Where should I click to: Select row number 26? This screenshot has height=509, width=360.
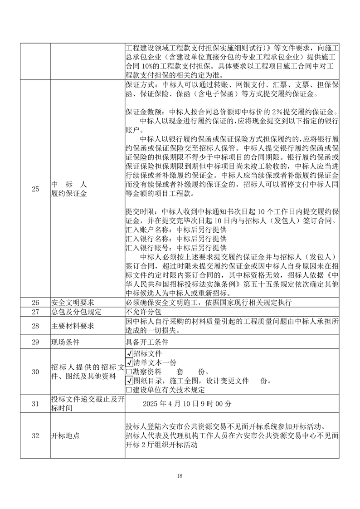(35, 303)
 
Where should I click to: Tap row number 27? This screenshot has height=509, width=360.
(35, 312)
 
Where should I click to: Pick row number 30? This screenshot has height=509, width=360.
(35, 372)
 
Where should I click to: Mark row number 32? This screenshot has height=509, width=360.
(35, 436)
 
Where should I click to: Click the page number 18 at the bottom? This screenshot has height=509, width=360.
(180, 475)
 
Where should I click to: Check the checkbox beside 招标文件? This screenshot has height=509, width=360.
(129, 353)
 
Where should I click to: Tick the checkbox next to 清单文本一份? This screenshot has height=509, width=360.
(129, 362)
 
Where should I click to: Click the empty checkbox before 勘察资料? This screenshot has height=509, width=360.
(129, 372)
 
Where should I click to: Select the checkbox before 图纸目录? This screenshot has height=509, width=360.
(129, 381)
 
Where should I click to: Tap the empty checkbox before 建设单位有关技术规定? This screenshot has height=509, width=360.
(129, 390)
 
